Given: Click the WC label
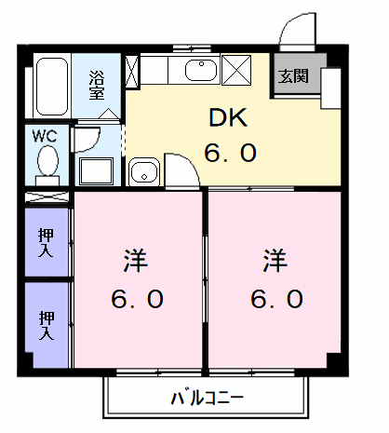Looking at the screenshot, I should tap(46, 136).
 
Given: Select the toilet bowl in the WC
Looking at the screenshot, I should tap(47, 164).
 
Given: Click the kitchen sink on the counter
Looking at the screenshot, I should tap(200, 69).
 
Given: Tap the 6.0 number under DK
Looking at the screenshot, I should tap(230, 152).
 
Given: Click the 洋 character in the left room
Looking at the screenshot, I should tap(133, 260).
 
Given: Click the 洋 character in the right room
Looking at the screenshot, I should tap(274, 260).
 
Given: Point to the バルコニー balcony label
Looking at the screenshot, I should tap(206, 399).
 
